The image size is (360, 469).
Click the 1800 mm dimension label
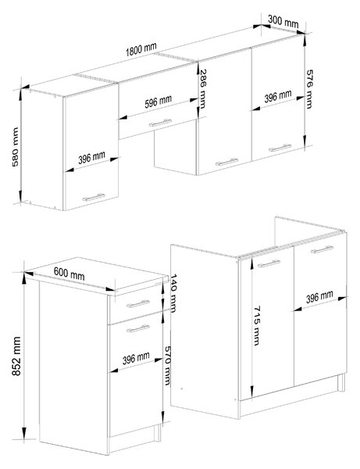(141, 49)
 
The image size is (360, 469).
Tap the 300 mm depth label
(283, 21)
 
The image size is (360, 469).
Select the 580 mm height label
(15, 147)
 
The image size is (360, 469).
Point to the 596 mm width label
(158, 102)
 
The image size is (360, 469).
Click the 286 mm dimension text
(203, 89)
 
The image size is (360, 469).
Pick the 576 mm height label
(309, 89)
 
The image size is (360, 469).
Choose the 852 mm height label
(16, 356)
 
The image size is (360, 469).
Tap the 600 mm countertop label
(69, 274)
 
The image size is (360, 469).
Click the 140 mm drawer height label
(173, 293)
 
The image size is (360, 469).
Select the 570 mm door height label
(168, 366)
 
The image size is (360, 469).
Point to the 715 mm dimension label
(257, 325)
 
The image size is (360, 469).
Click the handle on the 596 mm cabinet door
(160, 123)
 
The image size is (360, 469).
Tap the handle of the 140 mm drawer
(137, 304)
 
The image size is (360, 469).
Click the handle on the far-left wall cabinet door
(94, 197)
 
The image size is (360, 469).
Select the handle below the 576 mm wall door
(280, 148)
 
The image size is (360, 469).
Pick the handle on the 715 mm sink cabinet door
(269, 263)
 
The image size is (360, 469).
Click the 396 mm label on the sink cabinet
(319, 297)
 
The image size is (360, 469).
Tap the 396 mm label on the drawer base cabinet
(136, 358)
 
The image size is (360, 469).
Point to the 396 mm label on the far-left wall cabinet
(91, 158)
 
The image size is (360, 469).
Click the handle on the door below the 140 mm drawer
(137, 328)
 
